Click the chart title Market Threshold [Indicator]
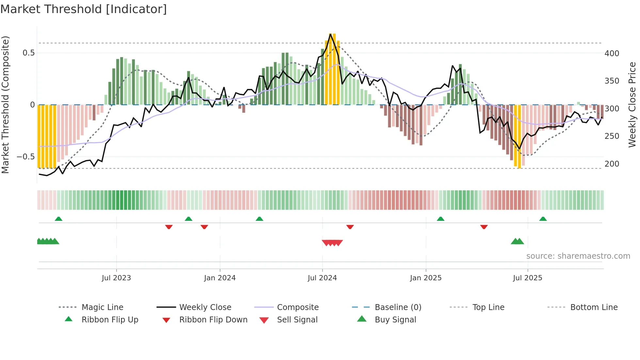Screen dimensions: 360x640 coord(84,9)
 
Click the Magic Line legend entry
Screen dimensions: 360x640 coord(102,307)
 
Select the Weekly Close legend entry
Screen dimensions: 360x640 coord(205,307)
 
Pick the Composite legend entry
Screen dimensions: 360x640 coord(297,307)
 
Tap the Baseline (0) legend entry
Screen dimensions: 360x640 coord(398,307)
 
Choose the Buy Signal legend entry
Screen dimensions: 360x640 coord(395,320)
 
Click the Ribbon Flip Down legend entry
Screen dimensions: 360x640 coord(213,320)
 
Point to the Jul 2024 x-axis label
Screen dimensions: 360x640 coord(322,278)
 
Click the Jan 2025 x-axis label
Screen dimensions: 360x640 coord(425,278)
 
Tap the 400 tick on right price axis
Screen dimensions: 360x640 coord(612,53)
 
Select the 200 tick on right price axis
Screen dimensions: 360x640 coord(612,164)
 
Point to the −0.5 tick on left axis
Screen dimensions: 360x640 coord(25,157)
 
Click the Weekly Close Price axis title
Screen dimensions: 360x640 coord(632,105)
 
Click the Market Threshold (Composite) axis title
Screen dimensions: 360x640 coord(5,105)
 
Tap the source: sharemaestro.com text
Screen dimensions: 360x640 coord(578,256)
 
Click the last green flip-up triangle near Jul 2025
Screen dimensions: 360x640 coord(543,219)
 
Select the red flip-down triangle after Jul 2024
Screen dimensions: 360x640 coord(350,227)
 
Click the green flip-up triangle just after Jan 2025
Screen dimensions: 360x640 coord(440,219)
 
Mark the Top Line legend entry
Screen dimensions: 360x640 coord(488,307)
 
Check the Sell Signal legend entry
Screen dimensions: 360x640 coord(297,320)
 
